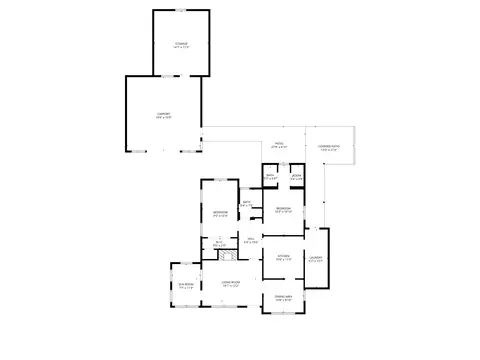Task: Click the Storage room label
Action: click(180, 44)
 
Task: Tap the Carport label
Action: click(164, 114)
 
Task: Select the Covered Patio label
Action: click(330, 147)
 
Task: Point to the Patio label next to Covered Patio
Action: click(279, 143)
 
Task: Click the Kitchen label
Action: click(283, 255)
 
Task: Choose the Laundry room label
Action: click(315, 258)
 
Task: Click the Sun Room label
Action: click(185, 285)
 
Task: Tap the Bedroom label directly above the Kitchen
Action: click(283, 208)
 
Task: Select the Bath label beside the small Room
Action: click(270, 176)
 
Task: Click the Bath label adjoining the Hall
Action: click(246, 203)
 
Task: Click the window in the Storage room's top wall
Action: click(180, 10)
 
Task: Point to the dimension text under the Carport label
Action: click(164, 118)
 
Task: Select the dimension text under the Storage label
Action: click(180, 48)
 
